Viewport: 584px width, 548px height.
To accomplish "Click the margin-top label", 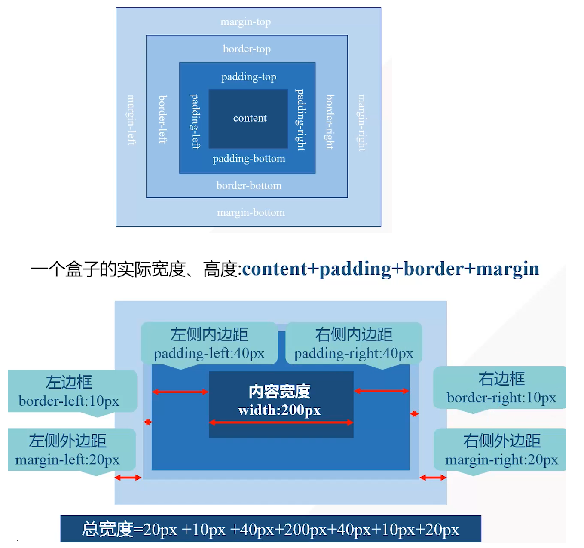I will coord(245,22).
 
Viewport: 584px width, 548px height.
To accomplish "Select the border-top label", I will coord(247,49).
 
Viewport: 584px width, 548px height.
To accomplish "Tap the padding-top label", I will coord(248,77).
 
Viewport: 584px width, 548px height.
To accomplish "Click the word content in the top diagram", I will coord(250,118).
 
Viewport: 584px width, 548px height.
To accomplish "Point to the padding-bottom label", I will coord(249,159).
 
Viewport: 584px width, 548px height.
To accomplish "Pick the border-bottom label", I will coord(249,186).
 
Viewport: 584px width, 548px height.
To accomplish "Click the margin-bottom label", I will coord(251,213).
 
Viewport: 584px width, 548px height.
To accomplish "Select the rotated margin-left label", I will coord(131,120).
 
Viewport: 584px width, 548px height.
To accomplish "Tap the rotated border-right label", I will coord(330,122).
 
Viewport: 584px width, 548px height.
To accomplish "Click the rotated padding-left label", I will coord(196,121).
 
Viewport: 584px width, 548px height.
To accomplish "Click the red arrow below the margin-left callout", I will coord(128,478).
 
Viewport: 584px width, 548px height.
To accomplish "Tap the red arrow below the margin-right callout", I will coord(433,478).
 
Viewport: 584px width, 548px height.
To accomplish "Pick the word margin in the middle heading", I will coord(508,269).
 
